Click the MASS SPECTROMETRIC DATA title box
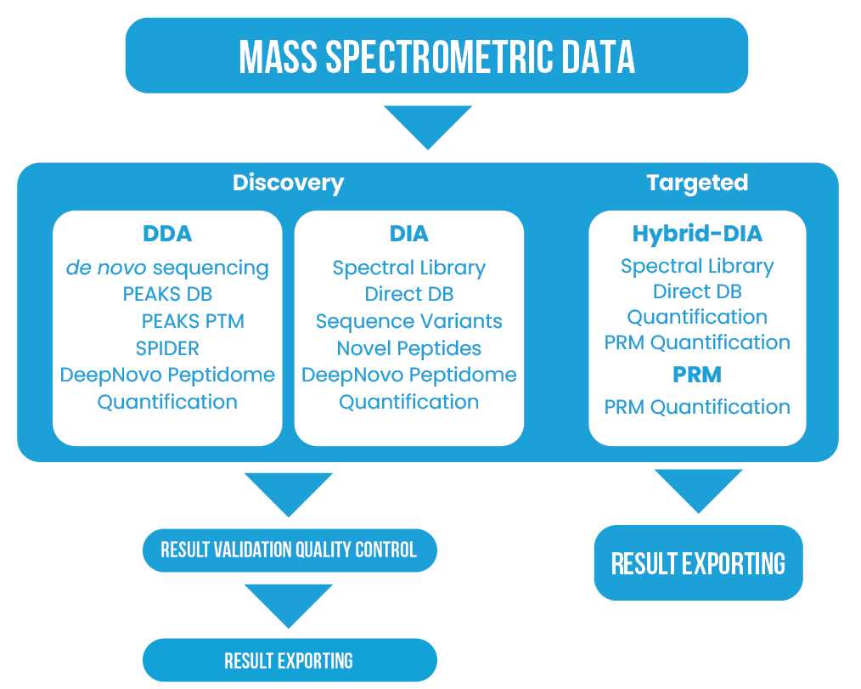(x=436, y=55)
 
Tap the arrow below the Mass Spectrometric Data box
(x=428, y=127)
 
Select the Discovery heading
(x=289, y=183)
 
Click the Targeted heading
(x=697, y=183)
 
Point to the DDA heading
(x=167, y=234)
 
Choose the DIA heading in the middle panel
(x=409, y=234)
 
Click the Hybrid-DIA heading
(x=697, y=234)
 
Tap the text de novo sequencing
(x=167, y=268)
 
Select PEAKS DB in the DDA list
(x=167, y=294)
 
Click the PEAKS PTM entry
(x=193, y=321)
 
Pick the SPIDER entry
(x=167, y=348)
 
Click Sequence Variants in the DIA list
(x=409, y=321)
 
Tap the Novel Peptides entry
(x=409, y=348)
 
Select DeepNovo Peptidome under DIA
(x=409, y=376)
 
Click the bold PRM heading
(x=697, y=375)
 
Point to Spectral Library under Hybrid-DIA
(x=697, y=267)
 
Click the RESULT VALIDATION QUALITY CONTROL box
(x=290, y=550)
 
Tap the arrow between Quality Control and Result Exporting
(x=289, y=606)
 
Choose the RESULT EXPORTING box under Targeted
(x=699, y=563)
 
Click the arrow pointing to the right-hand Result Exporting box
(x=699, y=491)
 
